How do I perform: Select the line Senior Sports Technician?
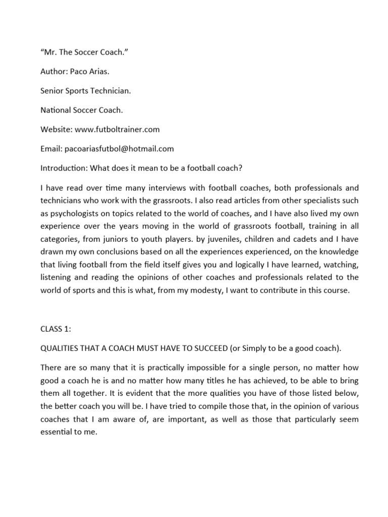coord(82,90)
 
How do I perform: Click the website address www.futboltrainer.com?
coord(117,129)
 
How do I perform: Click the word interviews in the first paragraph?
coord(154,187)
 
